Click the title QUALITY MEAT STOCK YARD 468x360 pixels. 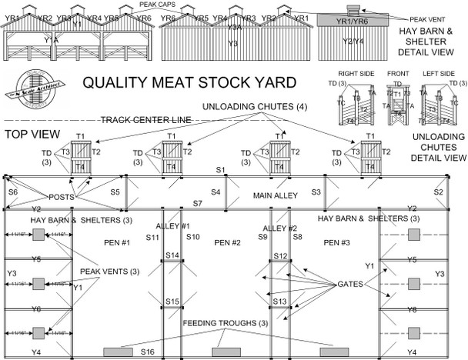click(x=189, y=82)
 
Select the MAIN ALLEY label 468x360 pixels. click(x=275, y=196)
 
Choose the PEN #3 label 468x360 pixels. click(x=338, y=243)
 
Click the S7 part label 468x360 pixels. click(x=197, y=203)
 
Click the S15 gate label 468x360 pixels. click(x=172, y=301)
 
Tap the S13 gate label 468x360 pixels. click(x=279, y=301)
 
